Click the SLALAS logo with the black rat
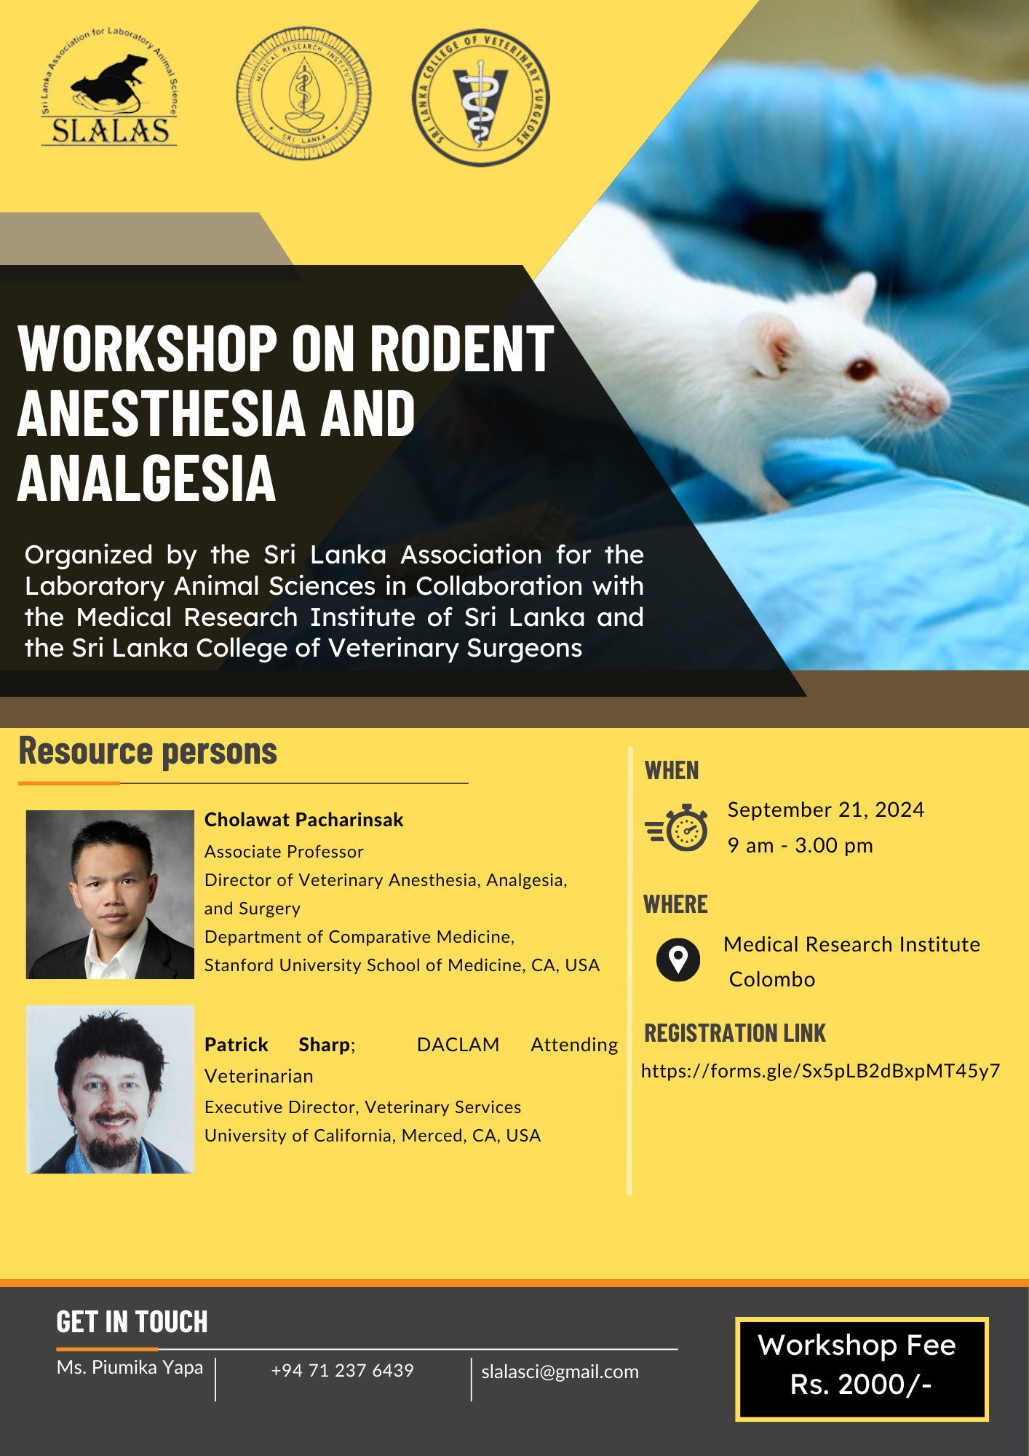[109, 87]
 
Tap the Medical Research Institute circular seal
[303, 94]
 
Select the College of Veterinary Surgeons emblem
[480, 98]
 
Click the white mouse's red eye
[861, 369]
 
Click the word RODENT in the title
[462, 349]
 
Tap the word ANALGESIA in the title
[147, 478]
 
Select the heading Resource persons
[148, 751]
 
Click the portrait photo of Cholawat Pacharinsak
[110, 895]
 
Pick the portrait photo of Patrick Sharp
[110, 1089]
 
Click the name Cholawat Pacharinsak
[303, 820]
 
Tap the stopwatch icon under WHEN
[677, 828]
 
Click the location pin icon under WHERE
[678, 960]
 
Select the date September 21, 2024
[826, 810]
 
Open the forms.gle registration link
[820, 1071]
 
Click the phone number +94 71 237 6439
[342, 1371]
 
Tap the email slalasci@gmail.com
[560, 1372]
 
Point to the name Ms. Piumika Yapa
[130, 1368]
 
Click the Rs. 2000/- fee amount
[861, 1385]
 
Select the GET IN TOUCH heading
[132, 1322]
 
